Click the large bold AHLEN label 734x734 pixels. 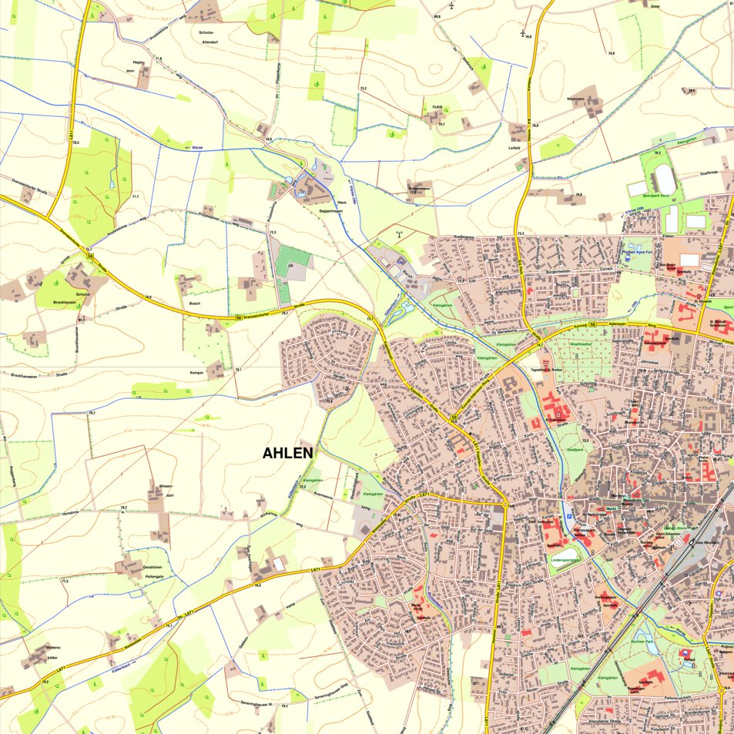[288, 453]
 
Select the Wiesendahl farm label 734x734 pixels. [164, 491]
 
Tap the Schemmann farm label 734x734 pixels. [419, 188]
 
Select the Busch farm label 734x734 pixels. [194, 303]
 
